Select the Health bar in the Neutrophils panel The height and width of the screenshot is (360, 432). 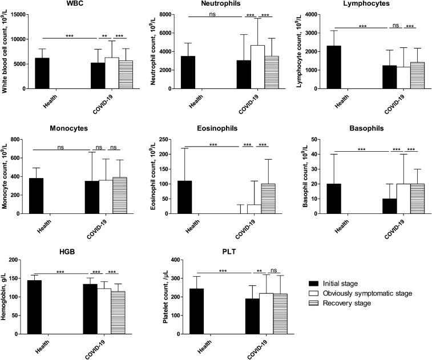[x=187, y=72]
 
